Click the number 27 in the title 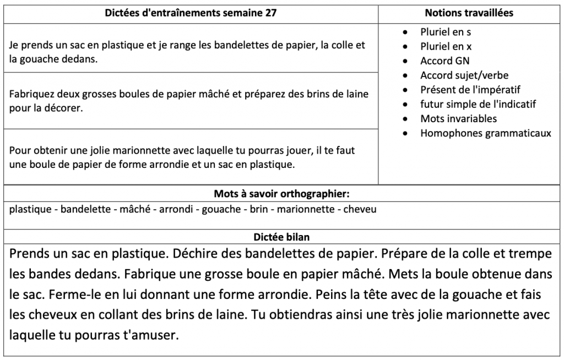(270, 13)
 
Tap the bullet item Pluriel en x (446, 46)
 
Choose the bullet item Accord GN (444, 61)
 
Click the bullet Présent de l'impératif (470, 90)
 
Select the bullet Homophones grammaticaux (485, 133)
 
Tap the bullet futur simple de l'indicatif (478, 104)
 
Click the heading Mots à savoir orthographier (281, 194)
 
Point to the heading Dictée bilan (281, 237)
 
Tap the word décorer (65, 108)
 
